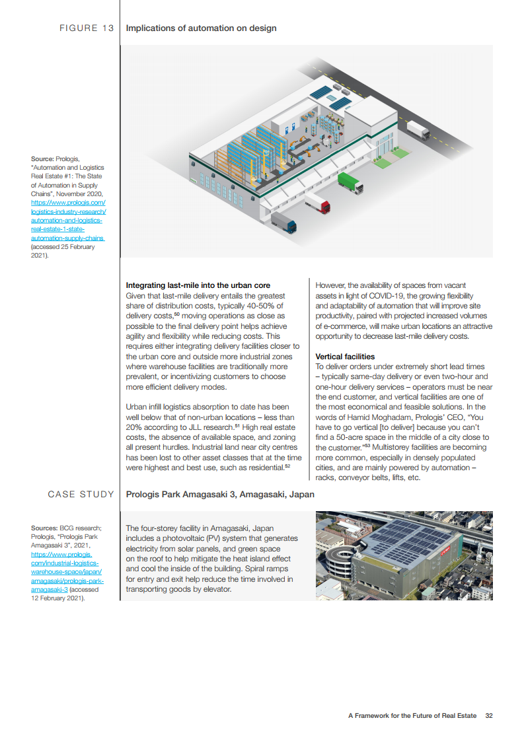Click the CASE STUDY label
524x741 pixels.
point(81,494)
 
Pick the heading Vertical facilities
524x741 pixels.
point(345,357)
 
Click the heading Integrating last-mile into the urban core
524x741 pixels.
point(198,286)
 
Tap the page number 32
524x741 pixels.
point(489,715)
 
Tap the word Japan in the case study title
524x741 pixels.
point(299,494)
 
